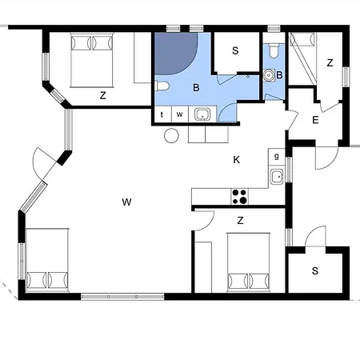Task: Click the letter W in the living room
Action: pos(126,202)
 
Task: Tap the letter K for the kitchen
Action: pos(236,160)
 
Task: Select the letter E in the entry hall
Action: pos(315,120)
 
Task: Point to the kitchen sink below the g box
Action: pos(277,177)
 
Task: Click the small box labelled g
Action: pos(277,157)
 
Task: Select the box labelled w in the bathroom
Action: pos(179,114)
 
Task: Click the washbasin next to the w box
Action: pos(202,114)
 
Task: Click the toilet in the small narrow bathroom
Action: pos(274,54)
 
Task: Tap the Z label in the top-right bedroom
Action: pos(330,62)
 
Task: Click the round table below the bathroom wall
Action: pos(172,136)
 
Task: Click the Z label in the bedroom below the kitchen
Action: pos(240,219)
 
